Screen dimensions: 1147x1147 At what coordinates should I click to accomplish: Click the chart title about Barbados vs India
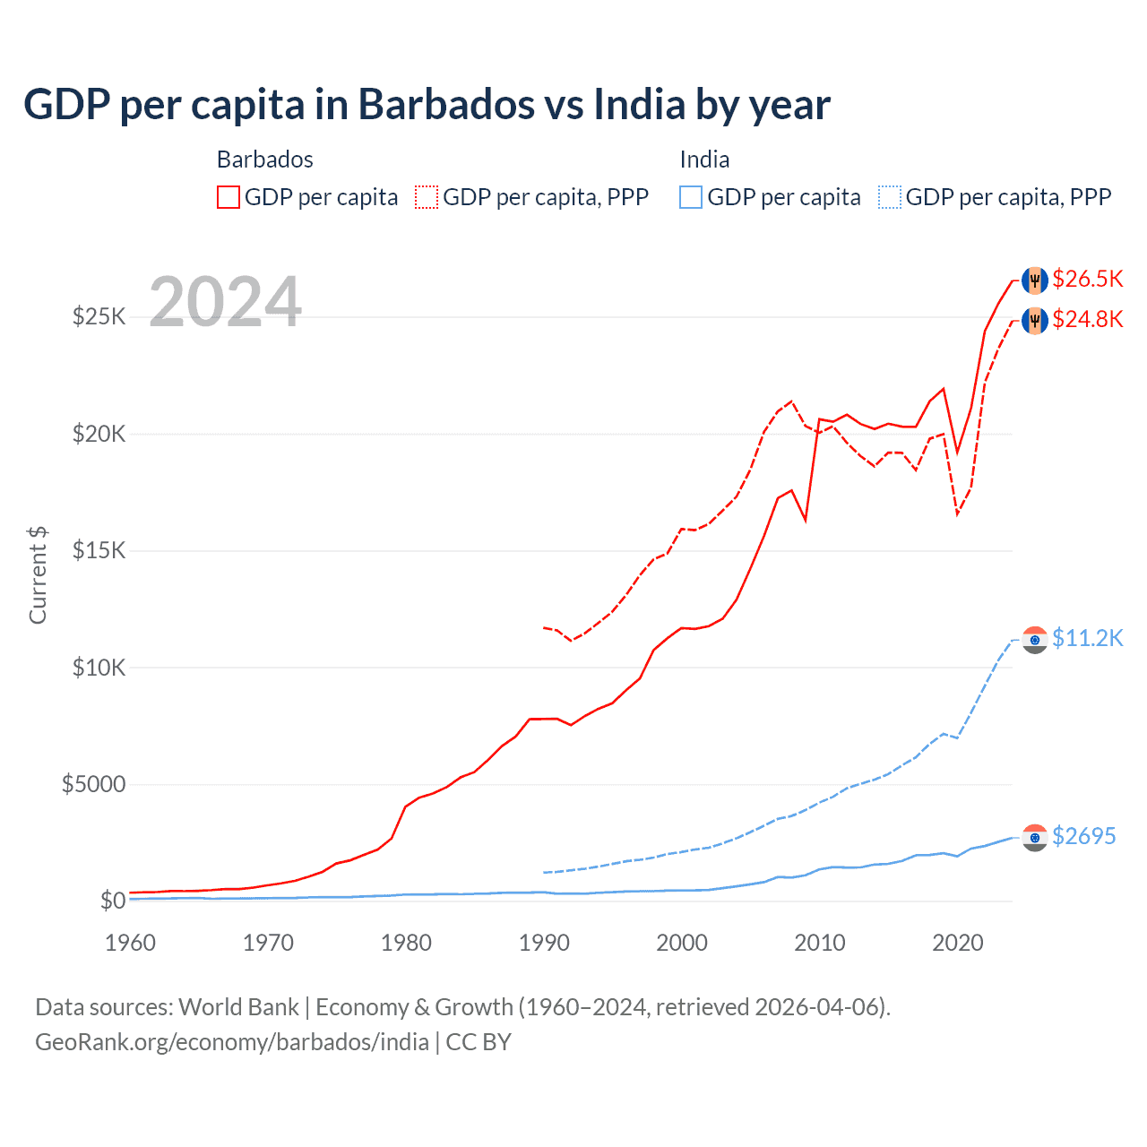pyautogui.click(x=427, y=105)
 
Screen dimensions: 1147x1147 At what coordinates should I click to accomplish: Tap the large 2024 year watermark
pyautogui.click(x=225, y=302)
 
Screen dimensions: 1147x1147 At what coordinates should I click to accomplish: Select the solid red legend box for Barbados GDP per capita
pyautogui.click(x=229, y=197)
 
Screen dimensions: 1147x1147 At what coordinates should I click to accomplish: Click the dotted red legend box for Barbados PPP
pyautogui.click(x=427, y=197)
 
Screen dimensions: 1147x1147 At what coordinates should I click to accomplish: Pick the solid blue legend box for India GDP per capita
pyautogui.click(x=691, y=197)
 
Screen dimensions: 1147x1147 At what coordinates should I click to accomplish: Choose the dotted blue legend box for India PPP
pyautogui.click(x=890, y=197)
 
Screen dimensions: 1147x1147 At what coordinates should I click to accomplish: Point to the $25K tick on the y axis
pyautogui.click(x=99, y=316)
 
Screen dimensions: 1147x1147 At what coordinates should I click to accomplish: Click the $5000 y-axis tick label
pyautogui.click(x=93, y=785)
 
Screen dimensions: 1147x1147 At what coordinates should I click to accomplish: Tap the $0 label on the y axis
pyautogui.click(x=112, y=901)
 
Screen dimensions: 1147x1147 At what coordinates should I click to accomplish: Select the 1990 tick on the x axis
pyautogui.click(x=544, y=943)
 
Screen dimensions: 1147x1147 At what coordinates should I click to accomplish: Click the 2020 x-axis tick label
pyautogui.click(x=958, y=943)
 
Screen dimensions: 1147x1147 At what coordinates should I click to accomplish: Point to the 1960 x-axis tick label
pyautogui.click(x=131, y=943)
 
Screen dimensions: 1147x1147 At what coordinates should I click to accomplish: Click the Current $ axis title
pyautogui.click(x=38, y=574)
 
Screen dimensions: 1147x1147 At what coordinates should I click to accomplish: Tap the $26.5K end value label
pyautogui.click(x=1087, y=280)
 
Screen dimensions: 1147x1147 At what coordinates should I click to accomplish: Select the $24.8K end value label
pyautogui.click(x=1087, y=320)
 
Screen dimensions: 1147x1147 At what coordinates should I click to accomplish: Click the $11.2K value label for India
pyautogui.click(x=1087, y=639)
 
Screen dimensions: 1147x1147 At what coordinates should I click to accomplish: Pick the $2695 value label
pyautogui.click(x=1083, y=837)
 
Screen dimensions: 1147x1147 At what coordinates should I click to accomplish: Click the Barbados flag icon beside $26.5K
pyautogui.click(x=1035, y=280)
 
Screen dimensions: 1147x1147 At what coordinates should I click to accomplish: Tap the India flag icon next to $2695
pyautogui.click(x=1035, y=837)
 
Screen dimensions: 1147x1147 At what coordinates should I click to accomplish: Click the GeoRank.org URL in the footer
pyautogui.click(x=232, y=1042)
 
